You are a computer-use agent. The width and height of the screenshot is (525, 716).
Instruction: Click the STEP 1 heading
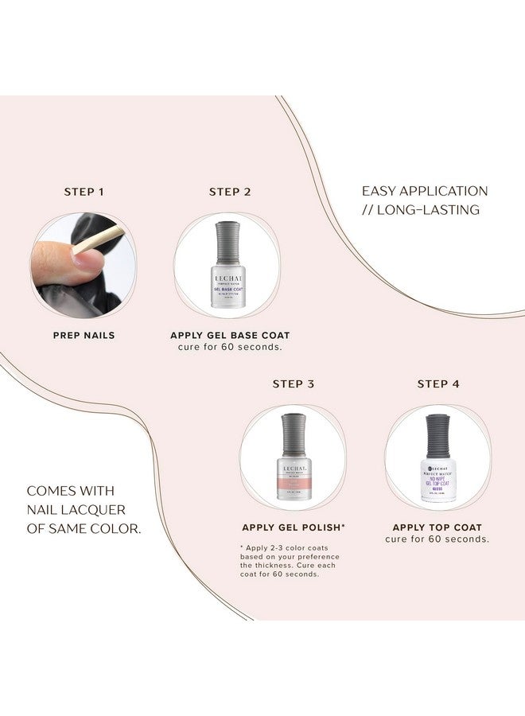[84, 192]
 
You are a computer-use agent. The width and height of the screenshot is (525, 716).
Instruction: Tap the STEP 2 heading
[230, 192]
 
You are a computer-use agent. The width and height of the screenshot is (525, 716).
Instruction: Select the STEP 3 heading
[293, 383]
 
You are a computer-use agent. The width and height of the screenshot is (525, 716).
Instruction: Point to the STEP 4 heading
[438, 383]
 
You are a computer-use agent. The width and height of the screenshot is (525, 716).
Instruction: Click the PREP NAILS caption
[84, 335]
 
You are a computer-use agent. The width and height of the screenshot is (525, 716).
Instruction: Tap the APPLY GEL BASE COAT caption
[230, 335]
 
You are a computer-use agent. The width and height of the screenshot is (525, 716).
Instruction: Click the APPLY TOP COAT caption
[437, 527]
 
